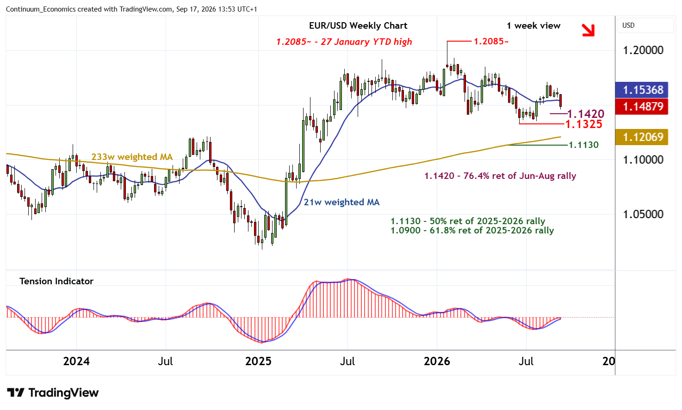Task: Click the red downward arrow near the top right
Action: click(588, 30)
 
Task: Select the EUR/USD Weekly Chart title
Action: click(358, 25)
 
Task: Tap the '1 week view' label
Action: click(533, 25)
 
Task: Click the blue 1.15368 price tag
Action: click(641, 90)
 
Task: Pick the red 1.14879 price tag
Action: click(641, 106)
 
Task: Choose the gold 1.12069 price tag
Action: click(641, 137)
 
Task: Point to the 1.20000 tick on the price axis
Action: click(643, 50)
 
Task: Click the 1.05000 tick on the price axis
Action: click(643, 214)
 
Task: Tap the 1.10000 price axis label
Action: click(643, 159)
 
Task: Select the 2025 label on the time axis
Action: click(258, 361)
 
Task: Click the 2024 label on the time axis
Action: click(76, 361)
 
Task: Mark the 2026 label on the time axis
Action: click(437, 361)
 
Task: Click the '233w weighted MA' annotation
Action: click(132, 157)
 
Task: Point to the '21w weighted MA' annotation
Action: click(341, 202)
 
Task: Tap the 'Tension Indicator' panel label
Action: click(56, 281)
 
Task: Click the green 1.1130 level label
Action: click(583, 145)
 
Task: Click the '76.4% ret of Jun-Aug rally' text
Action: click(520, 176)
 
